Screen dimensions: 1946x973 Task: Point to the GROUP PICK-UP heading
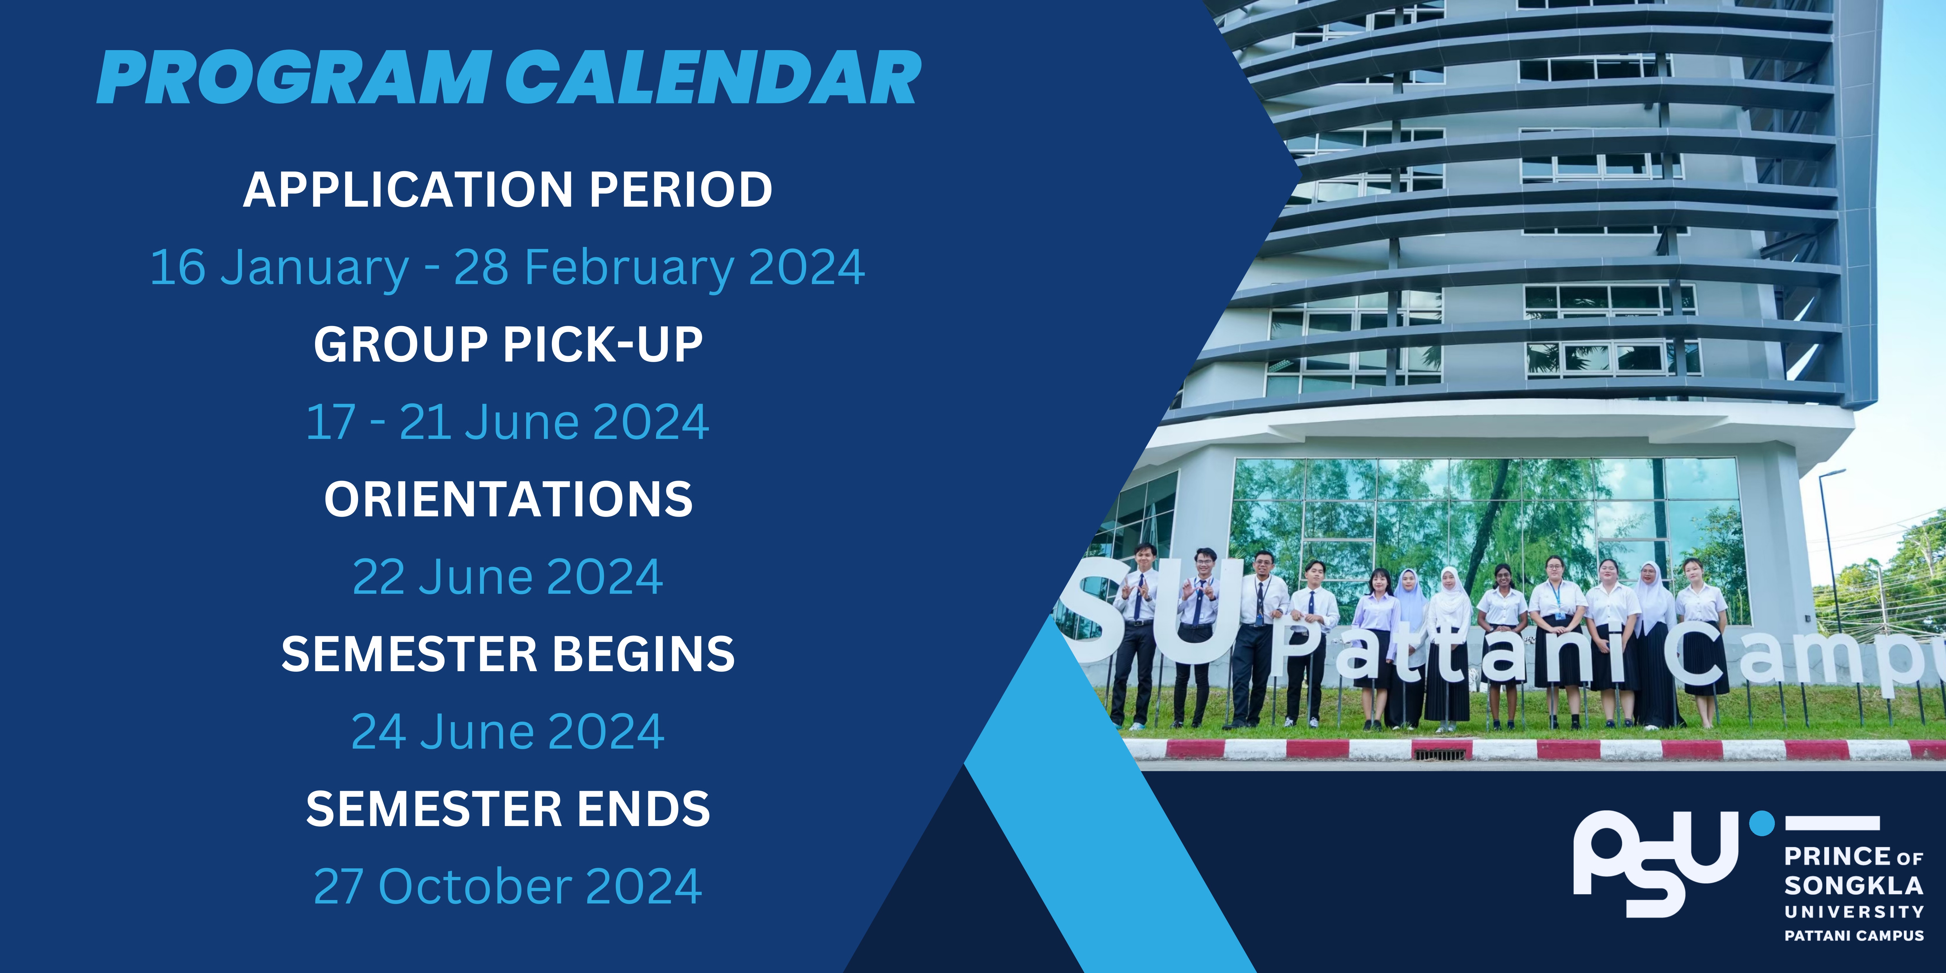pyautogui.click(x=508, y=345)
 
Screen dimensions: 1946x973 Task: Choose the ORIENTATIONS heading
pyautogui.click(x=508, y=499)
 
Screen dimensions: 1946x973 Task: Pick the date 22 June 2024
pyautogui.click(x=508, y=577)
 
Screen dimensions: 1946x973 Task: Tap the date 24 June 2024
pyautogui.click(x=508, y=732)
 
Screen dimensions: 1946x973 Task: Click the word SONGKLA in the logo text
pyautogui.click(x=1853, y=885)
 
